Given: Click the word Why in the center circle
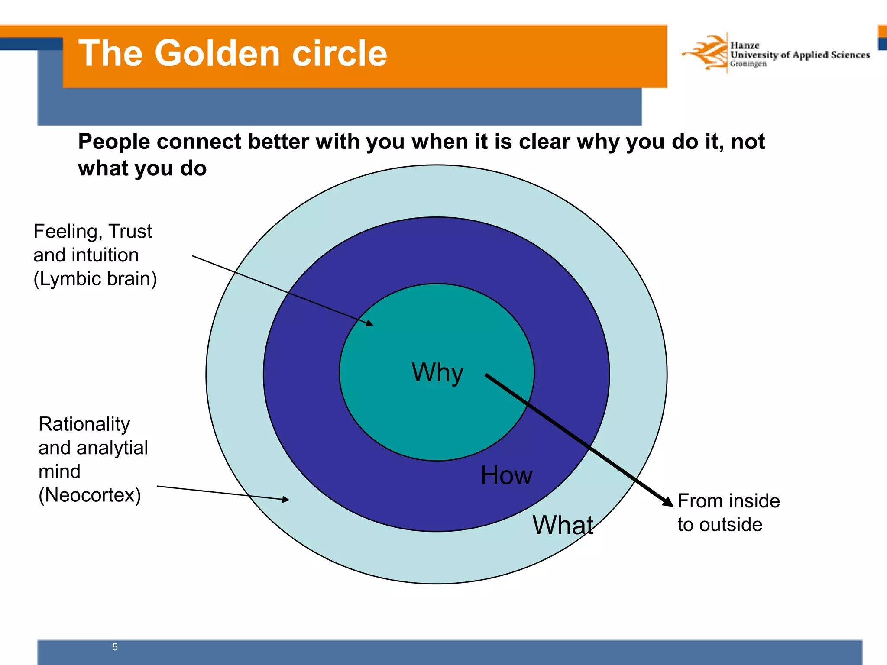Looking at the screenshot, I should point(437,372).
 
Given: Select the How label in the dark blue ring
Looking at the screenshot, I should point(506,475).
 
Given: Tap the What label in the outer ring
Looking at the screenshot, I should point(563,525).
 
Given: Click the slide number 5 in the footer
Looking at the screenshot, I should point(115,647).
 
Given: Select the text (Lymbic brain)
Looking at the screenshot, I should point(95,279).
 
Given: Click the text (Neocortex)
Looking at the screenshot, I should point(90,495).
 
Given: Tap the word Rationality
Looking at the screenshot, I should point(84,424).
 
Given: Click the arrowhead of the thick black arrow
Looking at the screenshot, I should point(668,501).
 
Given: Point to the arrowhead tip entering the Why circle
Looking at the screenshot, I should point(369,323).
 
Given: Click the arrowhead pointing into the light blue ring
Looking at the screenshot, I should point(286,500).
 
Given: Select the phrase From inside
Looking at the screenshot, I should point(728,501).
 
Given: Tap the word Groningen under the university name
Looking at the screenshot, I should point(748,64).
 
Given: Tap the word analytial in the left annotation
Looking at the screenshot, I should point(112,448).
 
